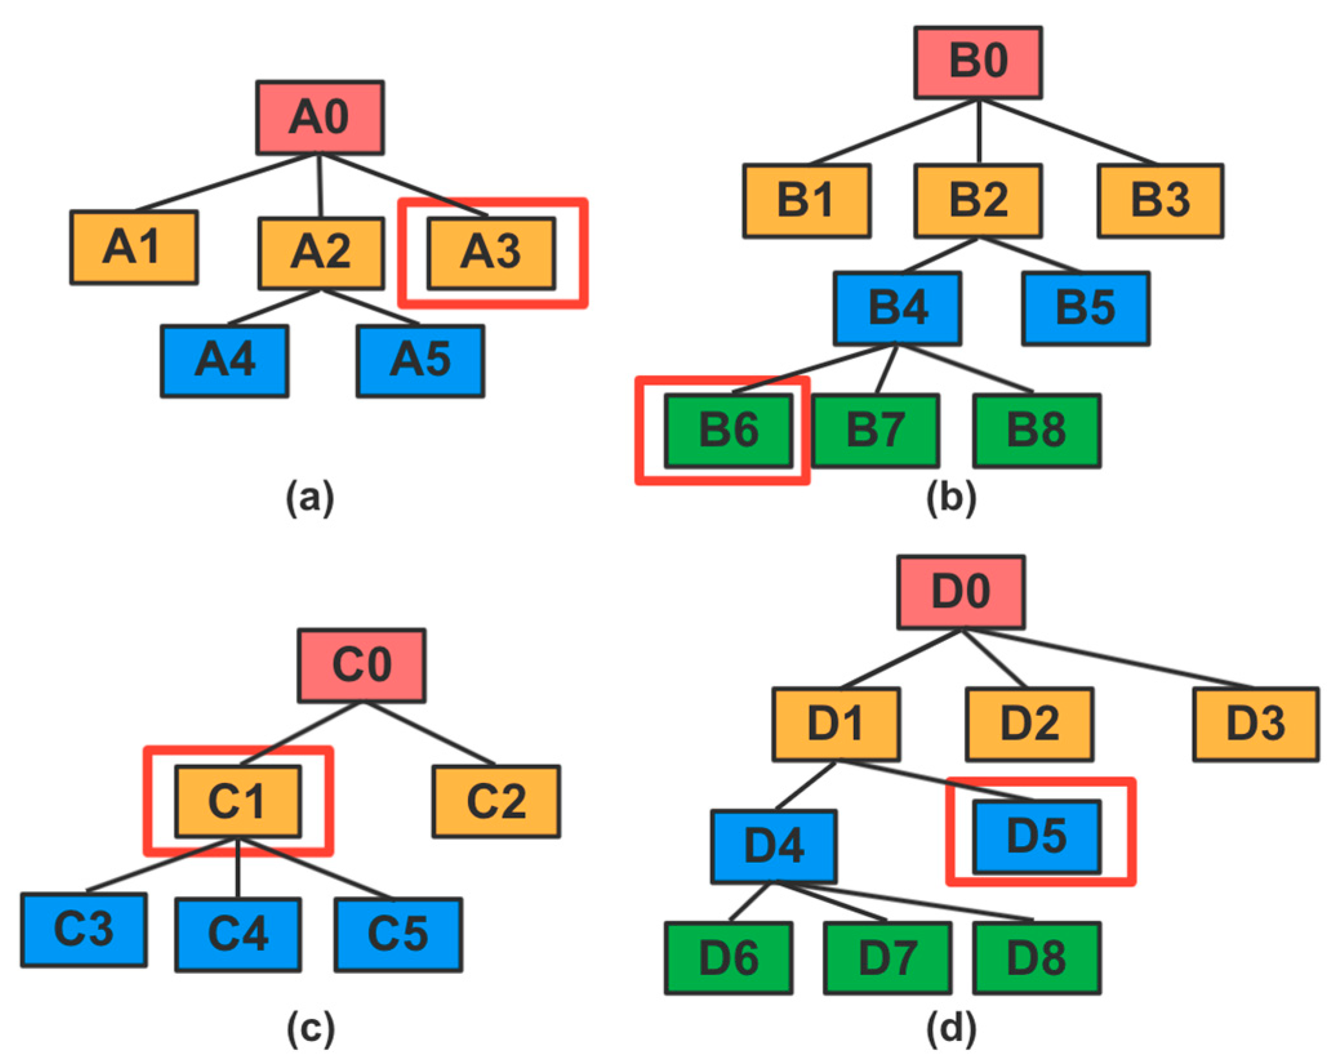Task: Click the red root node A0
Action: click(x=320, y=117)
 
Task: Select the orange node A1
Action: click(x=133, y=247)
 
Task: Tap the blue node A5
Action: click(x=420, y=361)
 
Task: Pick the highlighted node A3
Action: click(x=491, y=253)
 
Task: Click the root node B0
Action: click(x=978, y=62)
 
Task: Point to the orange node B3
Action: click(x=1160, y=200)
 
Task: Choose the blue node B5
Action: click(x=1085, y=308)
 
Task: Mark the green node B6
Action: click(x=729, y=430)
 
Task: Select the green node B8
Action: click(x=1036, y=430)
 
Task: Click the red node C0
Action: click(x=361, y=665)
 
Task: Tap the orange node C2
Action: click(x=496, y=801)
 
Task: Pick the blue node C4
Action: click(x=238, y=934)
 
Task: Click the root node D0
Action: click(x=961, y=592)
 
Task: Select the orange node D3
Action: click(x=1256, y=724)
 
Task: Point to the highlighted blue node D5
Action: click(x=1037, y=837)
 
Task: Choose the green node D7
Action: click(x=887, y=958)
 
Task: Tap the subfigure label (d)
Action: click(x=951, y=1028)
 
